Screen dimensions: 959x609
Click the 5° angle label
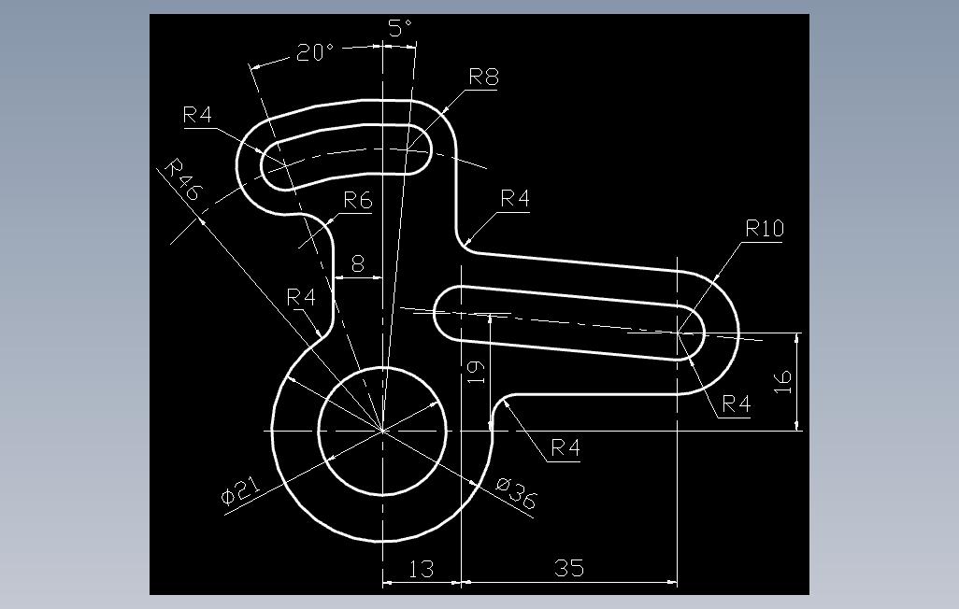tap(401, 28)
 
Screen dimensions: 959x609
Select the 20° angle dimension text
tap(315, 52)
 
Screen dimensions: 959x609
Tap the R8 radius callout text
tap(484, 77)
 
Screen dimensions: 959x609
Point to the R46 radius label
tap(182, 179)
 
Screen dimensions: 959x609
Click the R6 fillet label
tap(358, 200)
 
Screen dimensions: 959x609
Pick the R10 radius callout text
tap(765, 229)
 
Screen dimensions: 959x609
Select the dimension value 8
tap(358, 263)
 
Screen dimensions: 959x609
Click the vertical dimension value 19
tap(476, 372)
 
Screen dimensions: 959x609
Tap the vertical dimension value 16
tap(783, 381)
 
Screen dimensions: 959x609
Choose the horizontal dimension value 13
tap(422, 569)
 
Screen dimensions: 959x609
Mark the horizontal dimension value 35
tap(569, 568)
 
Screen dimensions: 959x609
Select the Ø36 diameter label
tap(516, 493)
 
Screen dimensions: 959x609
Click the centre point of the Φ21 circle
tap(382, 432)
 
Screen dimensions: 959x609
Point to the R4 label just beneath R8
tap(515, 198)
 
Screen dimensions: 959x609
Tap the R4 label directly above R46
tap(197, 114)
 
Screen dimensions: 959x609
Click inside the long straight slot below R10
tap(569, 322)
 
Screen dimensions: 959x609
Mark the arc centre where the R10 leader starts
tap(678, 333)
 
